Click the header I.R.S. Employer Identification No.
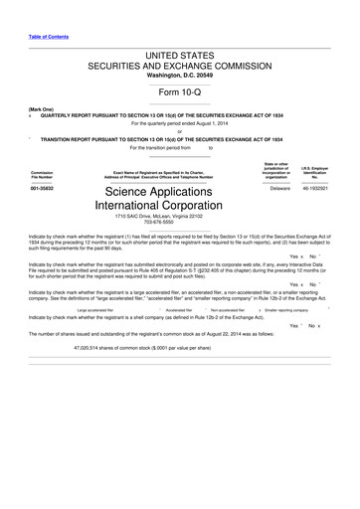[315, 172]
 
